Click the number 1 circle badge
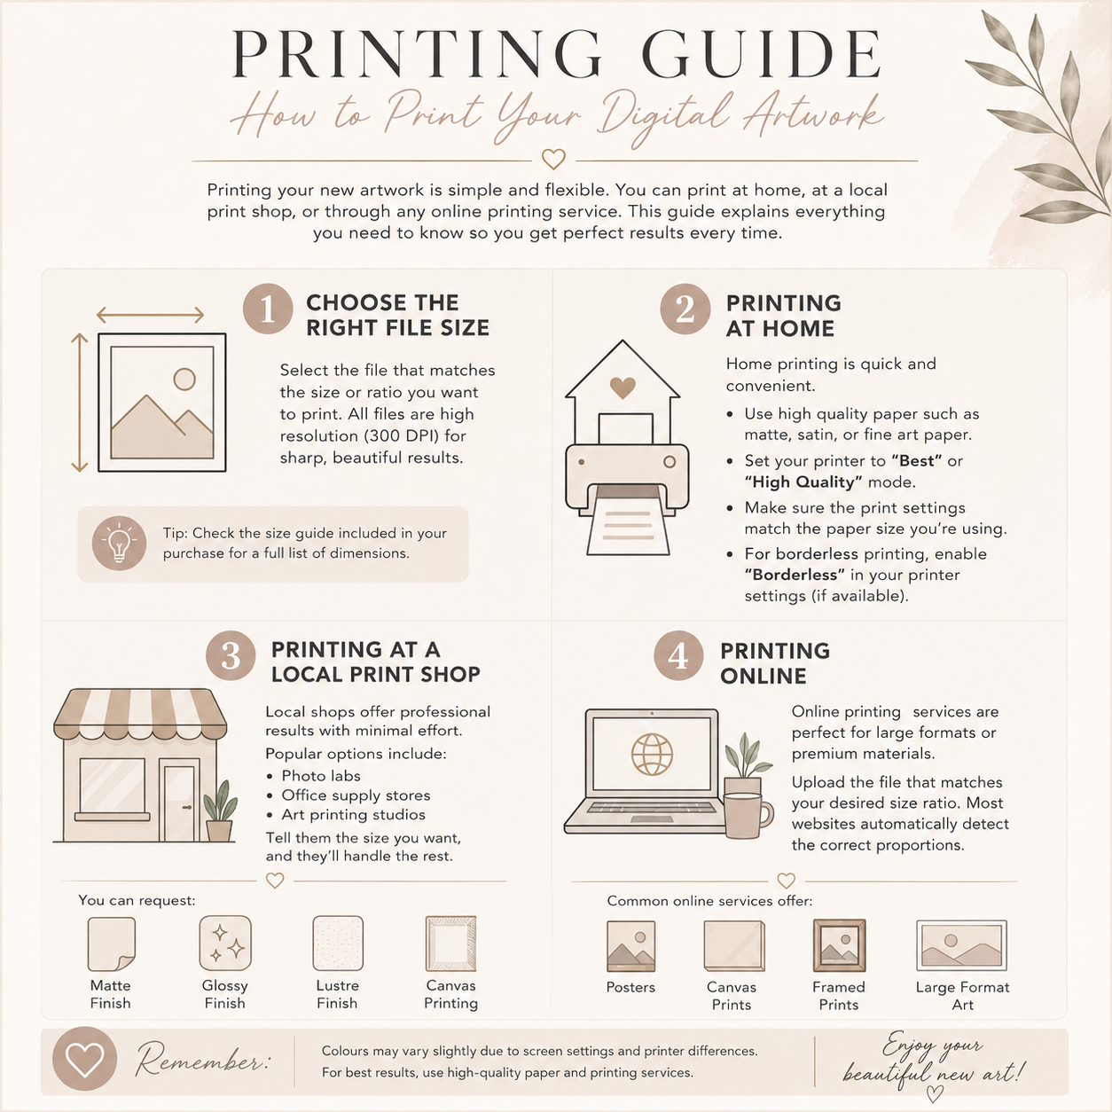pyautogui.click(x=268, y=309)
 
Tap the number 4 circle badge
pyautogui.click(x=678, y=655)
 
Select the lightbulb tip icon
pyautogui.click(x=119, y=544)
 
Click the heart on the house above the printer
pyautogui.click(x=623, y=388)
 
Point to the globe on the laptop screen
pyautogui.click(x=652, y=754)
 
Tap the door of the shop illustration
pyautogui.click(x=179, y=803)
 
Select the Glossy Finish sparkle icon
pyautogui.click(x=225, y=943)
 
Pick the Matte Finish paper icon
pyautogui.click(x=112, y=944)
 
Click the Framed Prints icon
pyautogui.click(x=839, y=946)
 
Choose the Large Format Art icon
pyautogui.click(x=961, y=945)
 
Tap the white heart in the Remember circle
pyautogui.click(x=85, y=1059)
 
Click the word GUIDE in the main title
pyautogui.click(x=761, y=54)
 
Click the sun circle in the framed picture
pyautogui.click(x=184, y=380)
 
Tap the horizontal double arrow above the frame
pyautogui.click(x=150, y=315)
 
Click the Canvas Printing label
pyautogui.click(x=450, y=994)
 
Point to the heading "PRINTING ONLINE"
pyautogui.click(x=775, y=663)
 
